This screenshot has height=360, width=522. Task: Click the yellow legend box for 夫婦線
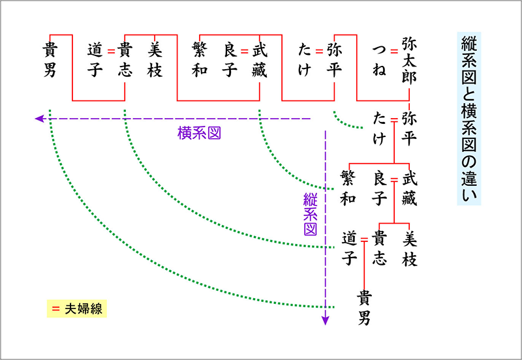click(x=73, y=308)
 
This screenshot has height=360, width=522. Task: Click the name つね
click(x=379, y=59)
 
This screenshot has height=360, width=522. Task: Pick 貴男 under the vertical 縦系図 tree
click(x=365, y=308)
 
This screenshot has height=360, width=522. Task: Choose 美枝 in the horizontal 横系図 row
click(x=155, y=59)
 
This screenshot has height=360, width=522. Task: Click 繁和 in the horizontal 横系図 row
click(x=200, y=59)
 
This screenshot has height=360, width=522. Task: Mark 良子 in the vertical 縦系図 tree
click(x=380, y=188)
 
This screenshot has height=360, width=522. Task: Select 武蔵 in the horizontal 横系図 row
click(x=260, y=59)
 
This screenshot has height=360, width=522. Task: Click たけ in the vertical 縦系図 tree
click(x=380, y=128)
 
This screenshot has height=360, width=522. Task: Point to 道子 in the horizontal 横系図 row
click(x=95, y=59)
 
